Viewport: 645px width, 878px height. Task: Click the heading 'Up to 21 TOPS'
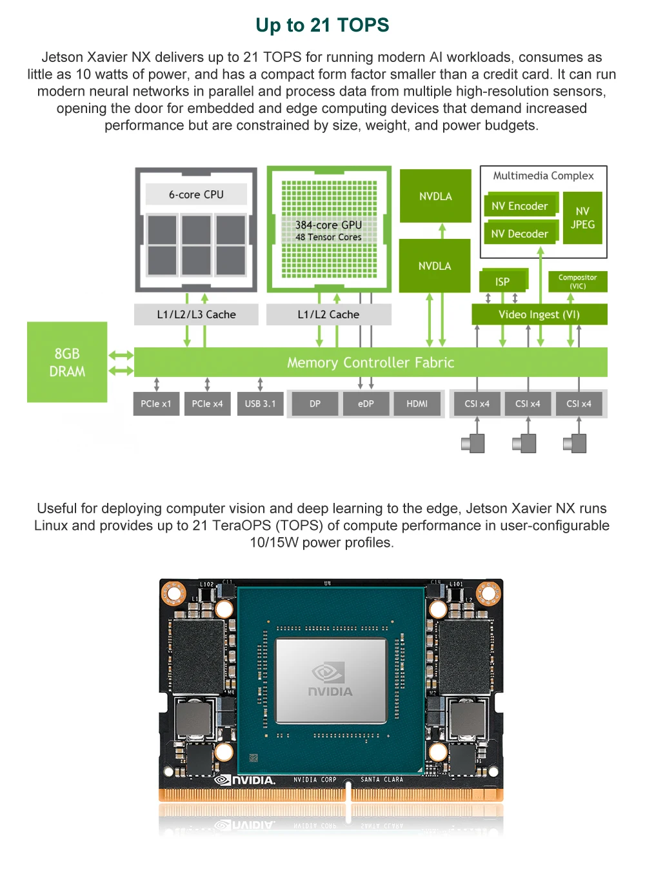coord(322,25)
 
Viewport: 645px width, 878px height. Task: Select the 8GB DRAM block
coord(67,362)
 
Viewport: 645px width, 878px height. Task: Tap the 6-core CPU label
coord(196,194)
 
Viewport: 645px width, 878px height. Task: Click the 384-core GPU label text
coord(328,225)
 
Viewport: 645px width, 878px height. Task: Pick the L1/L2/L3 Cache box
coord(196,314)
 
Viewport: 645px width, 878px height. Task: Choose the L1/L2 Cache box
coord(328,314)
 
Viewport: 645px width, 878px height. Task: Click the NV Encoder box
coord(519,206)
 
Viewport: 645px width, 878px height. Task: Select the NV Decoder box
coord(519,234)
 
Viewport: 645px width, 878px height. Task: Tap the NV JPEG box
coord(582,218)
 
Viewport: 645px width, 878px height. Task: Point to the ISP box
coord(502,281)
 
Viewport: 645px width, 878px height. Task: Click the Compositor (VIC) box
coord(577,281)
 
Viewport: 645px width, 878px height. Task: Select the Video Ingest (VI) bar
coord(539,314)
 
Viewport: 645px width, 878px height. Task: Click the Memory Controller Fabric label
coord(370,363)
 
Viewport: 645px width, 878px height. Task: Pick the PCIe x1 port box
coord(156,403)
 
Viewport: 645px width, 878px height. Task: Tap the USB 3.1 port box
coord(260,403)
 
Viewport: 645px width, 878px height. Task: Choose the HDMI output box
coord(417,403)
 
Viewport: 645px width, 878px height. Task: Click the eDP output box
coord(366,403)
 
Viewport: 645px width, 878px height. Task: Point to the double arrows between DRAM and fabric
coord(121,363)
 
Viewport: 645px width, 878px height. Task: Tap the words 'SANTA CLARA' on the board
coord(382,780)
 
